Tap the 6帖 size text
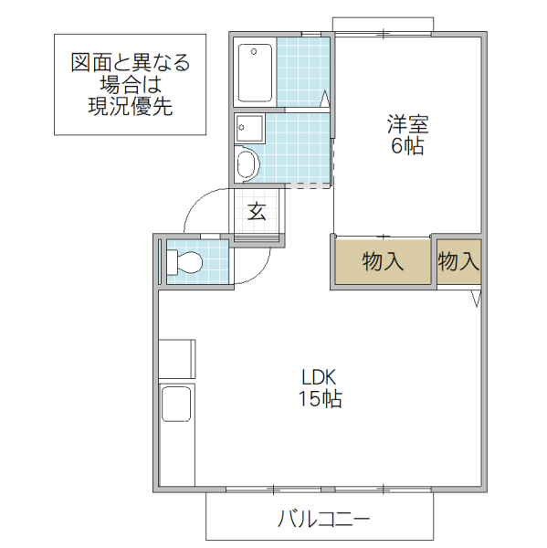407,146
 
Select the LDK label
320,377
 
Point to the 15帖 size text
320,399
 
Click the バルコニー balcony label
323,521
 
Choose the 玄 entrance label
257,212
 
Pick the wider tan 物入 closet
383,262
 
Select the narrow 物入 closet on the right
458,262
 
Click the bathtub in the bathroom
255,73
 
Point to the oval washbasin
247,165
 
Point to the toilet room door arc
256,269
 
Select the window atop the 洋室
383,23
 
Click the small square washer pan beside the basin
248,129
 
